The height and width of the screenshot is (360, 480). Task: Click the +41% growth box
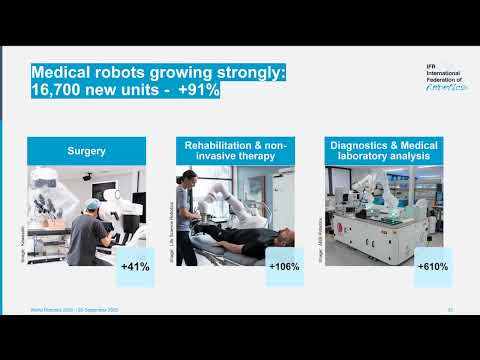coord(135,267)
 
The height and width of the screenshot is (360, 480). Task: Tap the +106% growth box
coord(284,267)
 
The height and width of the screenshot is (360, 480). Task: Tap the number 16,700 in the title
coord(62,91)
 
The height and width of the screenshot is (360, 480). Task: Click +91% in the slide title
coord(197,91)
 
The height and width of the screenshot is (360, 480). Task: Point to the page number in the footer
coord(452,310)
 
